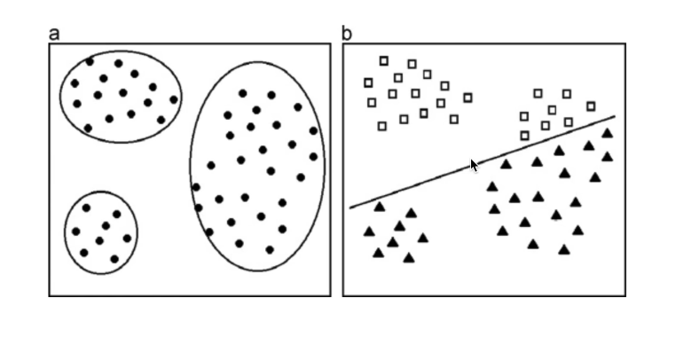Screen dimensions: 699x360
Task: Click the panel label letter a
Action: point(54,35)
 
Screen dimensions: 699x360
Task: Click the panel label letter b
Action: point(347,35)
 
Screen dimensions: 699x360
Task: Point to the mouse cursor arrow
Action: point(474,165)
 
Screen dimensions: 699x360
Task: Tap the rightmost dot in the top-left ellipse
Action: point(174,99)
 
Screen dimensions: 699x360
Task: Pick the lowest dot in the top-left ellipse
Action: point(88,129)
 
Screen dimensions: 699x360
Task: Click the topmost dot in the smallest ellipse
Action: point(87,207)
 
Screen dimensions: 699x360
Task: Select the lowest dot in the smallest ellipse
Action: point(114,259)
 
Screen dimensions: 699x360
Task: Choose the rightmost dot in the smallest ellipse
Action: point(127,238)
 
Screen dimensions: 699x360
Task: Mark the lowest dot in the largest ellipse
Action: point(270,250)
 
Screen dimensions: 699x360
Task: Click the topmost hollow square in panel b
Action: point(384,60)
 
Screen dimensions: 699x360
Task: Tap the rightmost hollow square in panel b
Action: point(591,106)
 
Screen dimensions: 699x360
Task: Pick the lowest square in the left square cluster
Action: point(382,126)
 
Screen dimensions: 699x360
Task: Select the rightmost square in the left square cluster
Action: point(467,98)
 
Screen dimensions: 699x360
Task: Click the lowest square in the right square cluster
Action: point(524,136)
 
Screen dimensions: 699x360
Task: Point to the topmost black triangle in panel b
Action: point(608,133)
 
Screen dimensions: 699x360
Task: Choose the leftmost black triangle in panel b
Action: point(369,231)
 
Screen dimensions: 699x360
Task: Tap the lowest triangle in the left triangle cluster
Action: point(408,258)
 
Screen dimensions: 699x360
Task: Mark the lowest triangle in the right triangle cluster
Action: point(564,250)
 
